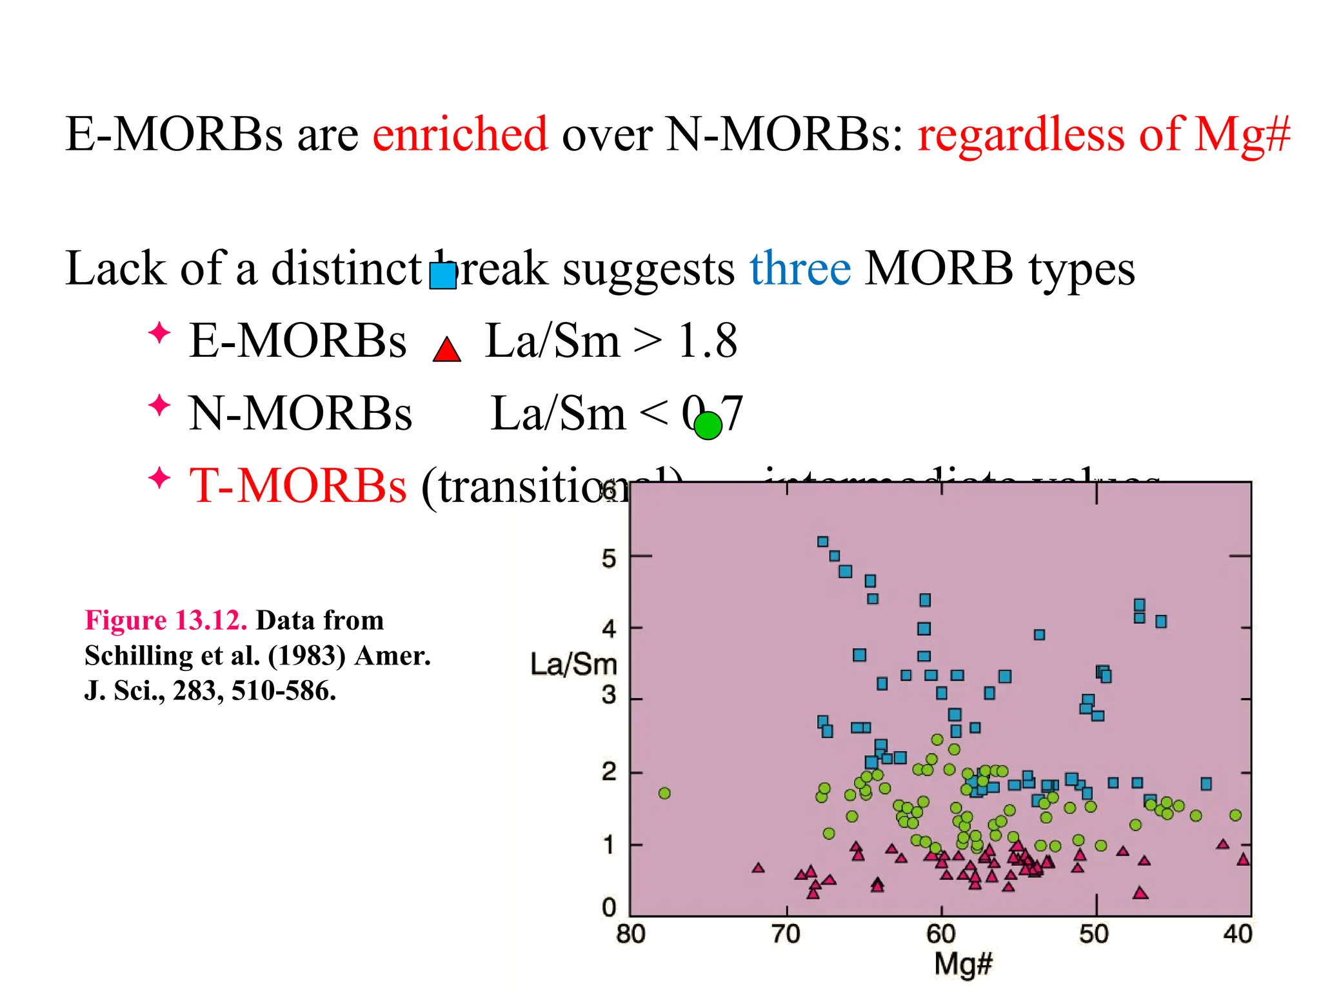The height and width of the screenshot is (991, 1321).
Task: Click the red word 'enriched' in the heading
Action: tap(460, 134)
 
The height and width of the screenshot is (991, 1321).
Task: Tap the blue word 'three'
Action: tap(800, 268)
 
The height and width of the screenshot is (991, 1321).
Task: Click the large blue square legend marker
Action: tap(443, 275)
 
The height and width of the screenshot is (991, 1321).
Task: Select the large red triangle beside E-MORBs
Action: tap(446, 350)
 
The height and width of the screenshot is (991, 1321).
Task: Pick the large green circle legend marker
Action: tap(708, 426)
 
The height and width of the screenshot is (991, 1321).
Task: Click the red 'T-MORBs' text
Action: tap(297, 485)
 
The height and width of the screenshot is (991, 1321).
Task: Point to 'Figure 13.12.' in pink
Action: tap(166, 621)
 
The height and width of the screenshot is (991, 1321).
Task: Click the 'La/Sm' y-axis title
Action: tap(573, 664)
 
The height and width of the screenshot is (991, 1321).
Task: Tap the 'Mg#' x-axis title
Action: tap(962, 964)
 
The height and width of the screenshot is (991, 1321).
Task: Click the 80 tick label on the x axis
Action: tap(630, 934)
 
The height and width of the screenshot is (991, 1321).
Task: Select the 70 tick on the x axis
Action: tap(786, 934)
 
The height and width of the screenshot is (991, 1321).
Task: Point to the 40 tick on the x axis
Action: tap(1237, 934)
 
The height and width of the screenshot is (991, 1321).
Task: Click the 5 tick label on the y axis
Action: tap(609, 558)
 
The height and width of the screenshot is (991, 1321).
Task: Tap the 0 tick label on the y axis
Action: tap(609, 908)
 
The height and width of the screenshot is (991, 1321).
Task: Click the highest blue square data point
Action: tap(822, 541)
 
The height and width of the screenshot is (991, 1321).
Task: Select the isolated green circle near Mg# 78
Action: tap(664, 793)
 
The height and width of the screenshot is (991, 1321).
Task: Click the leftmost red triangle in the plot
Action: tap(759, 868)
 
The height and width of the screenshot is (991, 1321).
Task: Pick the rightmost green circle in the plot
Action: tap(1235, 815)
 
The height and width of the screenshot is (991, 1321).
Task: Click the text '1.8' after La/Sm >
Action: tap(707, 341)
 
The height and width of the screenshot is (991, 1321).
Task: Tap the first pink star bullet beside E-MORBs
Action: tap(159, 334)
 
